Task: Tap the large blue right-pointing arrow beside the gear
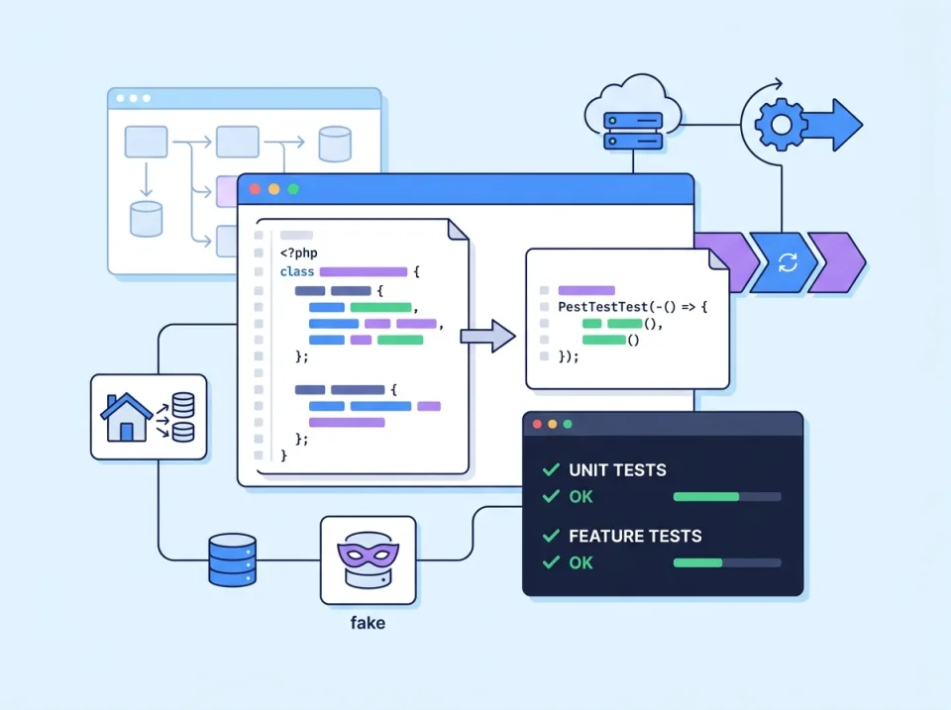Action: click(837, 125)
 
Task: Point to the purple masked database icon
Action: click(368, 559)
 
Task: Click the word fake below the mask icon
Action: click(368, 624)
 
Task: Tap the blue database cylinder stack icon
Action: click(233, 559)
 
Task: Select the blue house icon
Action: click(127, 417)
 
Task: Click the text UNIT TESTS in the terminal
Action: click(617, 470)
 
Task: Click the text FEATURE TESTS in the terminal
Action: click(635, 536)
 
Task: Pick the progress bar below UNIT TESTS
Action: click(726, 496)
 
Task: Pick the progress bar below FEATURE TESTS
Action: click(726, 562)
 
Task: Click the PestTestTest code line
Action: click(633, 308)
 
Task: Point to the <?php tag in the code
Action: click(298, 254)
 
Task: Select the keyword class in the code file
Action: click(297, 271)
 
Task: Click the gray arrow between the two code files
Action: click(488, 336)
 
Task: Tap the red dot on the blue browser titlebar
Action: click(255, 189)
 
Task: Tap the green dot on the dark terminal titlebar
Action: click(568, 424)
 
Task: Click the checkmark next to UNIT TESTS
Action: click(551, 470)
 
